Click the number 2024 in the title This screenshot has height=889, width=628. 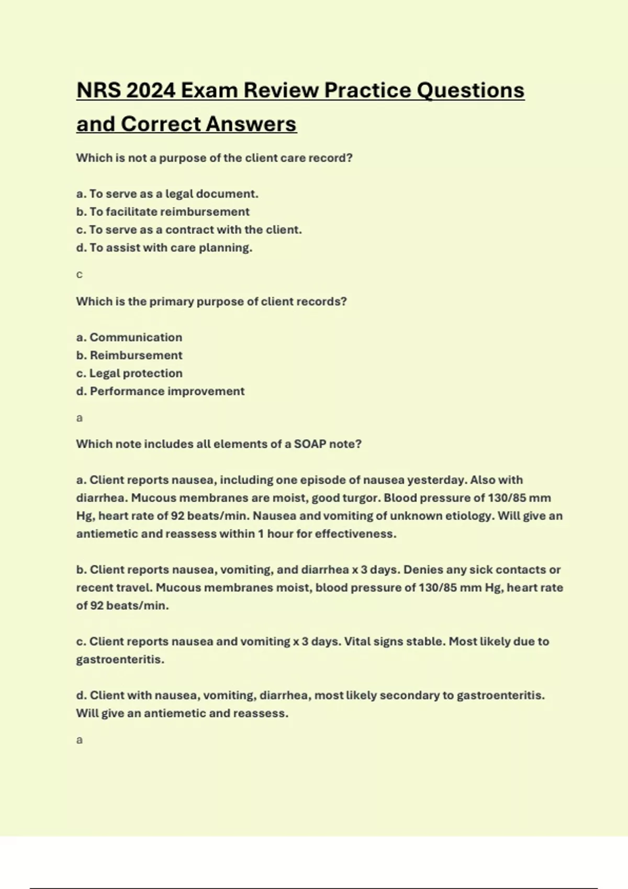150,90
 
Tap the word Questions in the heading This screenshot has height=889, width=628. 470,90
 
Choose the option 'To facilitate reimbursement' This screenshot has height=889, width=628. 162,212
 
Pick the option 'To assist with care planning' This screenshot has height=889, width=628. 164,248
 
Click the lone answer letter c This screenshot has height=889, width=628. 80,275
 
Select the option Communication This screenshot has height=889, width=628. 136,337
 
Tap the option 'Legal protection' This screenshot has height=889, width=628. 136,373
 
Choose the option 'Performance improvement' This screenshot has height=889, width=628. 166,391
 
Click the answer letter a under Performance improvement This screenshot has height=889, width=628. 80,418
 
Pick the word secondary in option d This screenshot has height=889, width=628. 406,696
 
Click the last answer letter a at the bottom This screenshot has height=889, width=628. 80,740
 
